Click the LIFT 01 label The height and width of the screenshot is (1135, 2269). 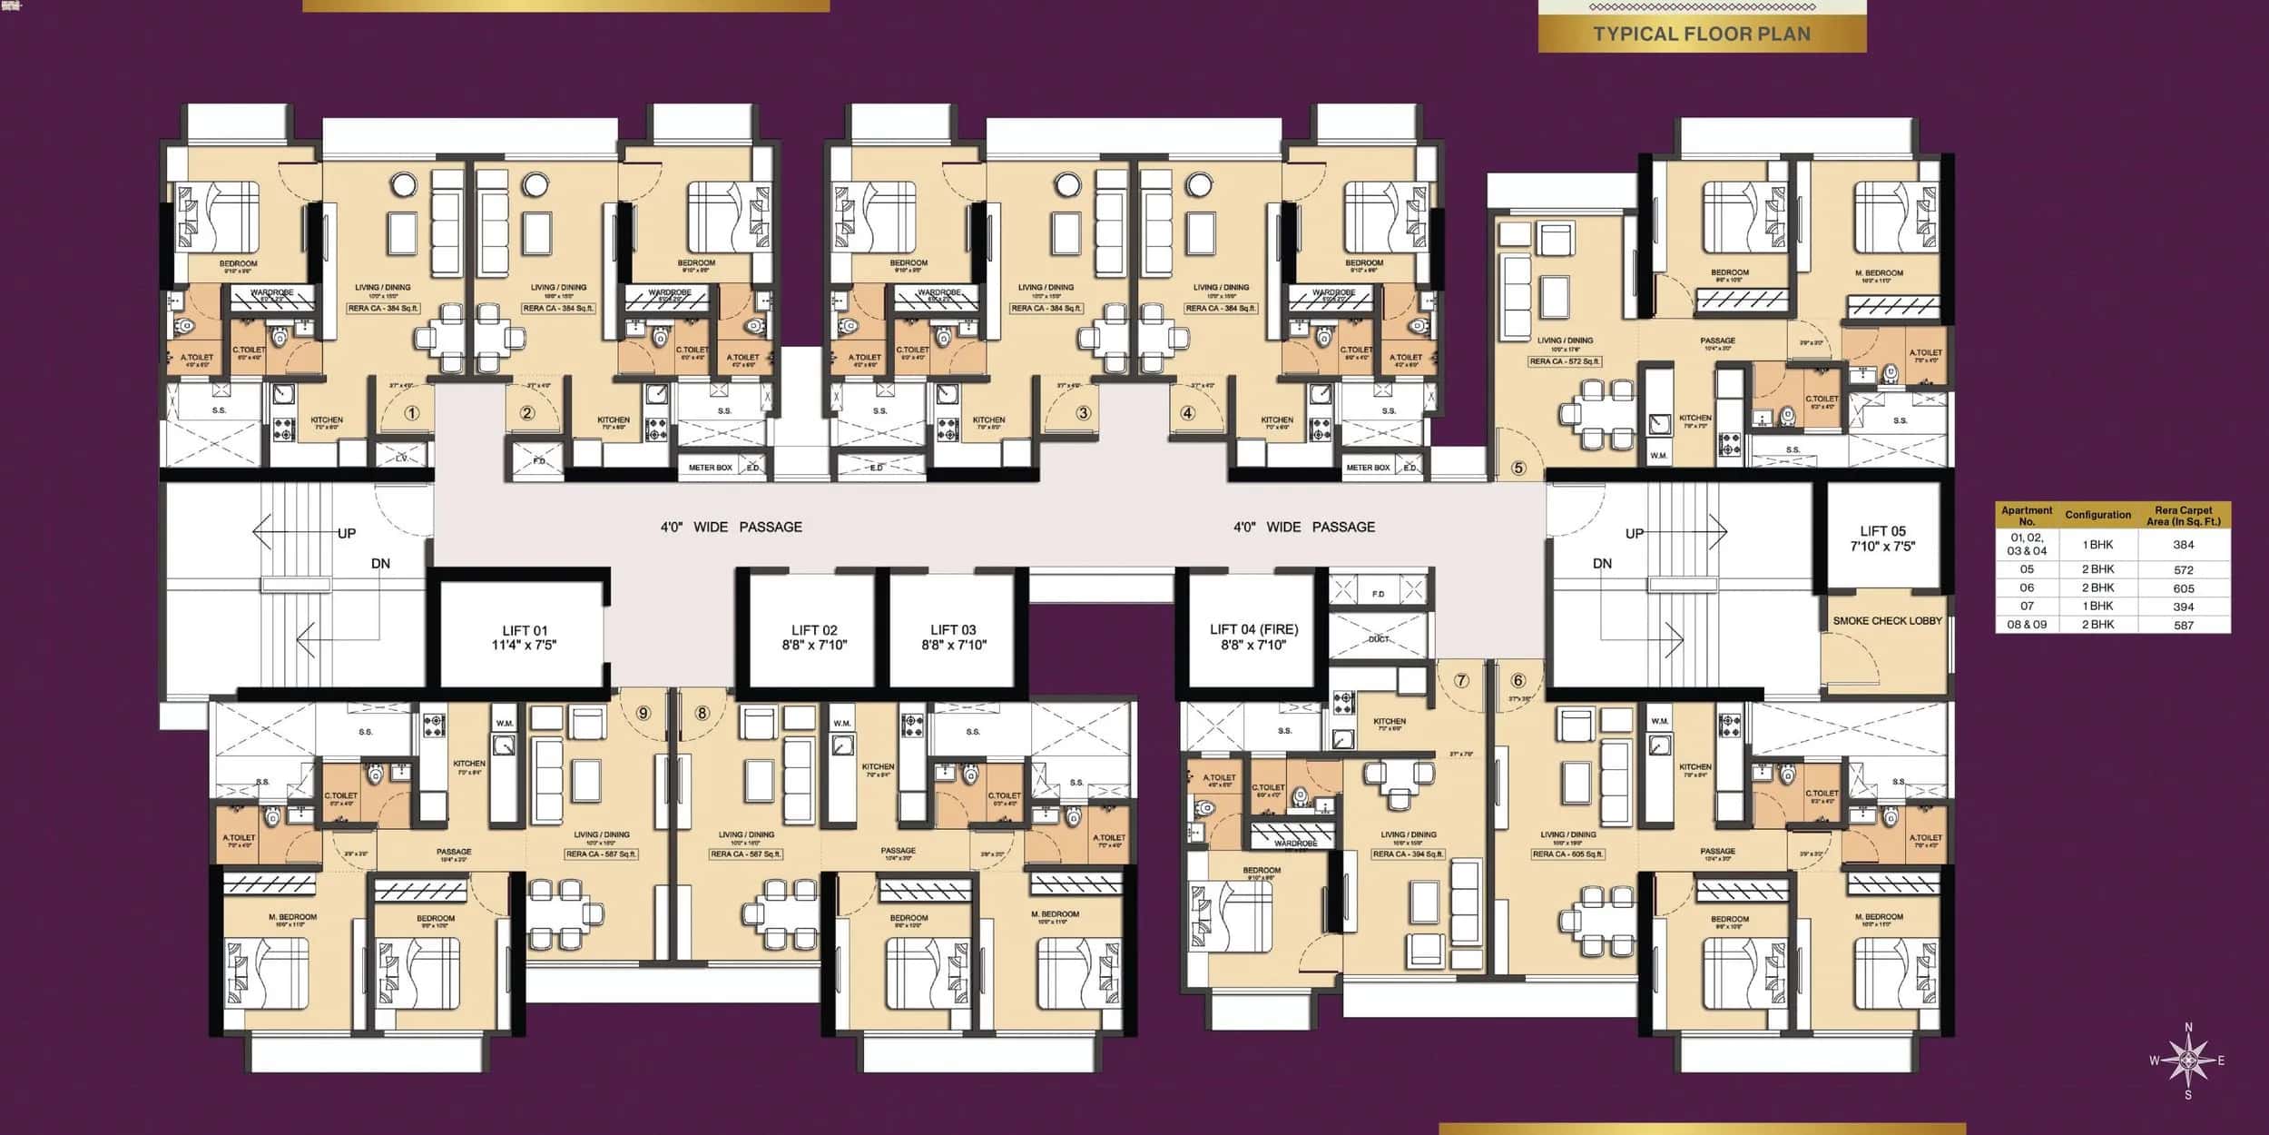point(524,637)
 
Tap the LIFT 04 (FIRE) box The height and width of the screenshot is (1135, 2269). point(1253,637)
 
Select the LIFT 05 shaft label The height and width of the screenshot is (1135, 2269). point(1882,538)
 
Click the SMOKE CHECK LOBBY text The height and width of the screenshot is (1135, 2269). point(1887,621)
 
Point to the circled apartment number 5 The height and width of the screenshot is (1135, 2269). point(1518,469)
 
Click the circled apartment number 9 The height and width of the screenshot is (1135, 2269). point(643,713)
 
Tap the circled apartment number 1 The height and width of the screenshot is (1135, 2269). point(412,413)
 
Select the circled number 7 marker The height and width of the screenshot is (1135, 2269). point(1461,680)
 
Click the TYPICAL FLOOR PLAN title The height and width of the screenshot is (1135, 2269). point(1702,35)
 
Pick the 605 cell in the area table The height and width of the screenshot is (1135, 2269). point(2184,588)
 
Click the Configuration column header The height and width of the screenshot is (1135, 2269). point(2097,515)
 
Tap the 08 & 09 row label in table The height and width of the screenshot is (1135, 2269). point(2027,625)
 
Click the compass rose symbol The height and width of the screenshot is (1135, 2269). point(2187,1061)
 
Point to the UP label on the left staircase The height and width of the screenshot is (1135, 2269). point(347,534)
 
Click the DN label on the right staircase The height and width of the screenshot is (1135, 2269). point(1603,564)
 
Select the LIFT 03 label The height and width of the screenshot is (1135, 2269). point(953,637)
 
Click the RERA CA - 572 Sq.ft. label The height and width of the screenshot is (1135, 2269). point(1565,361)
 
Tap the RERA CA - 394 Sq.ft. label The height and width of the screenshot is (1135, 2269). point(1408,854)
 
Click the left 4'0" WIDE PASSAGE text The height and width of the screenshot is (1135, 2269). point(731,527)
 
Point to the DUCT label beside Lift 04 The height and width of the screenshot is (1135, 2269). point(1379,639)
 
